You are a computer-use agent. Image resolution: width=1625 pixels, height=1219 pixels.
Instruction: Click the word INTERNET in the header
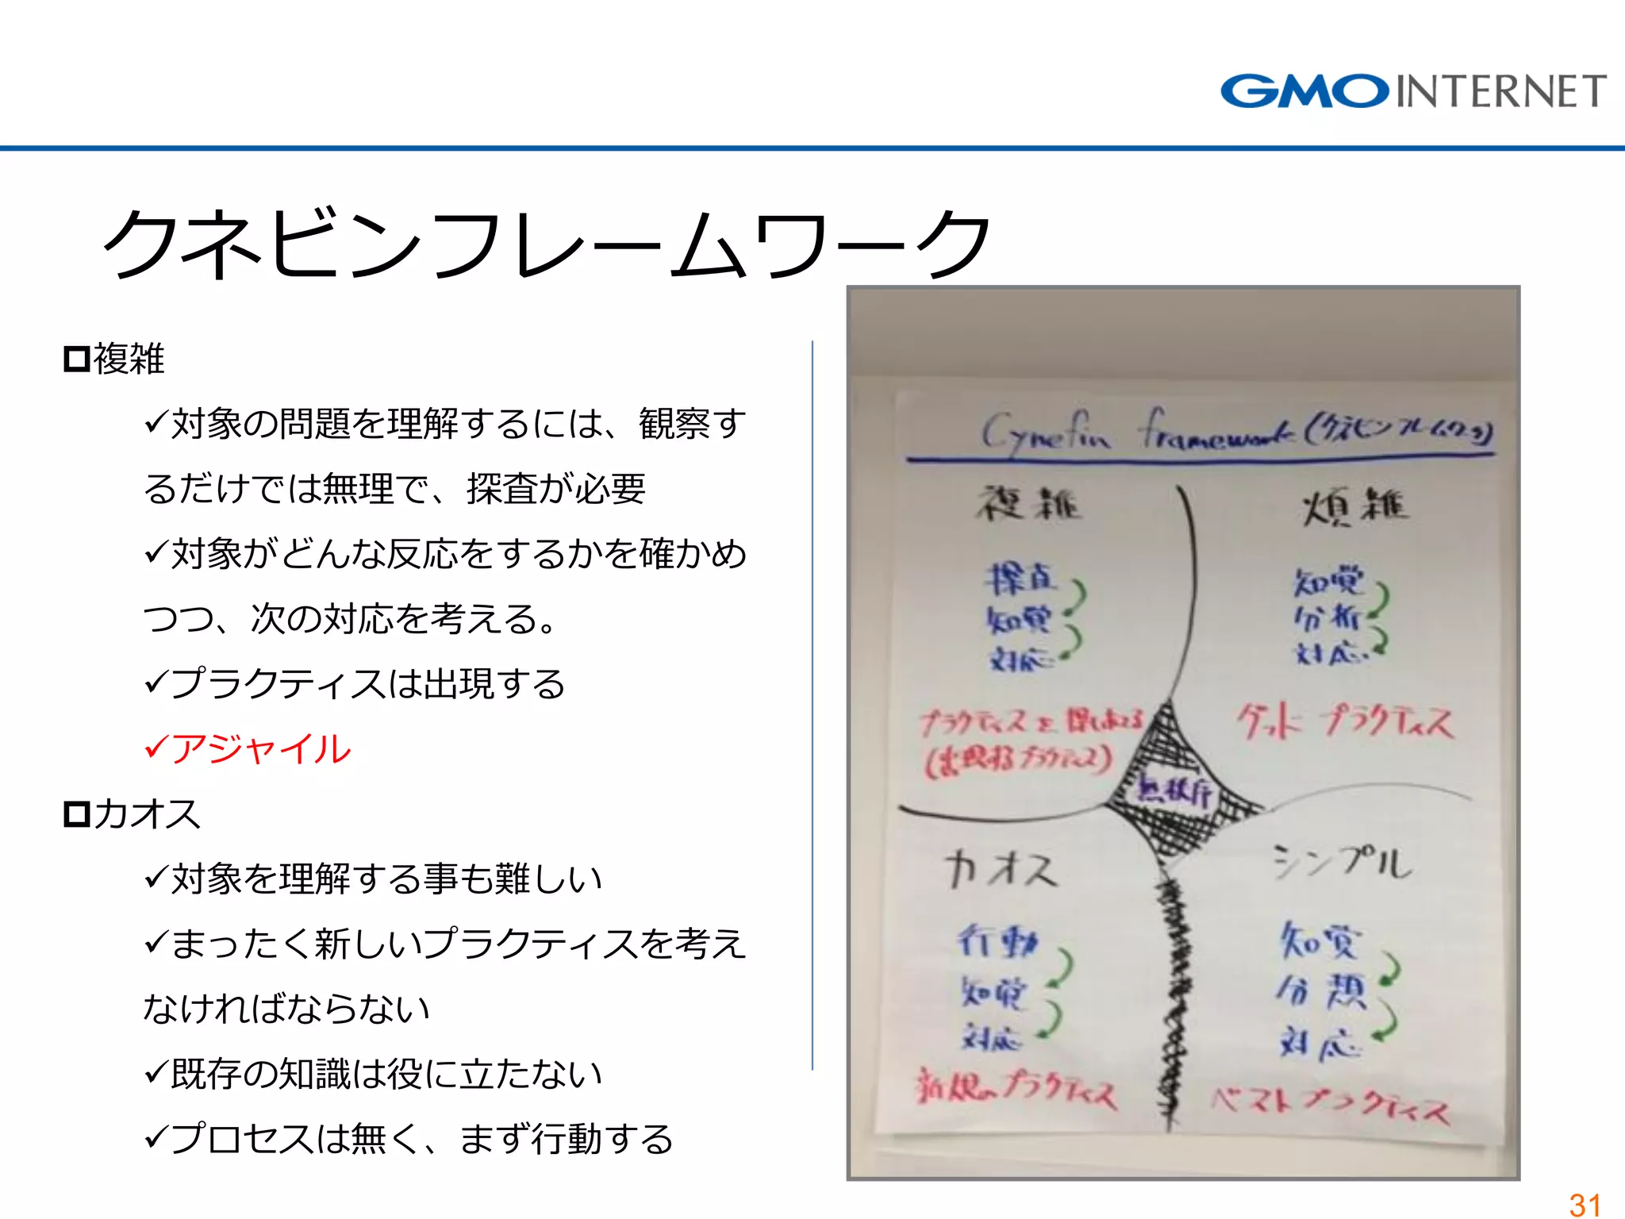point(1500,91)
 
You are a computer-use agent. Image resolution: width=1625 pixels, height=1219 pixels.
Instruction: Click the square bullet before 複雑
point(76,360)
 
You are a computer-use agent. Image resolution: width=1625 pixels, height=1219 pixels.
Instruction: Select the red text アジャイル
point(260,749)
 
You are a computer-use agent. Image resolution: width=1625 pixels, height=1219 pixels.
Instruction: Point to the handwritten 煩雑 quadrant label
point(1354,506)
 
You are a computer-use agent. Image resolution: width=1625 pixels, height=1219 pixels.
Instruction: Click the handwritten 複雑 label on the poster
point(1028,503)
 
